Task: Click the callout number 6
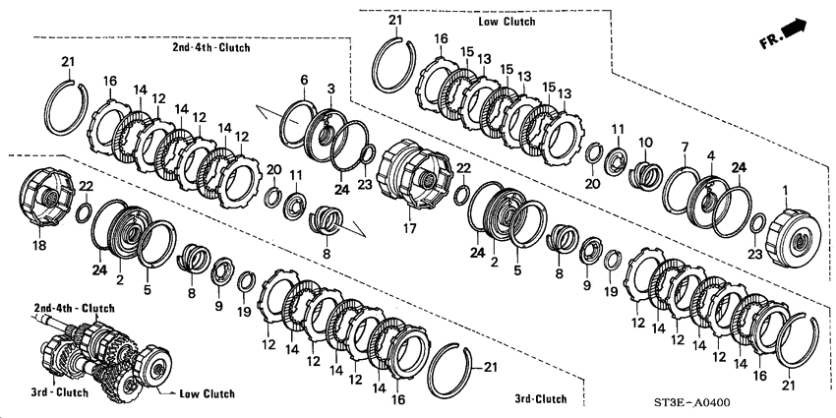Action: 305,79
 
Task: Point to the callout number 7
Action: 684,148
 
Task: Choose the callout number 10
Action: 644,142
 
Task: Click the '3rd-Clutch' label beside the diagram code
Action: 540,398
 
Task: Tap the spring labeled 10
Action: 646,178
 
